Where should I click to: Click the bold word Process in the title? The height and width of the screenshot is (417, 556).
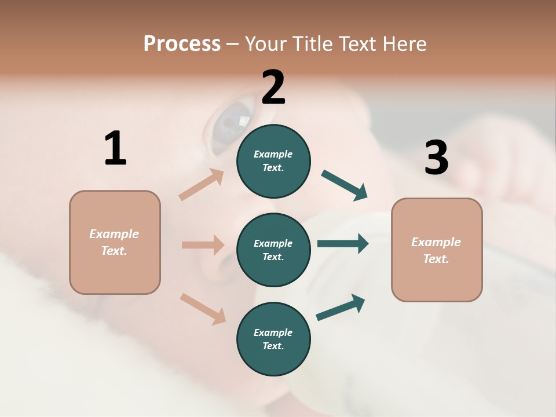182,43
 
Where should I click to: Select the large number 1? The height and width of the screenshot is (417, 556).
115,148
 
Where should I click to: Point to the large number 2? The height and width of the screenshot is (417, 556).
273,87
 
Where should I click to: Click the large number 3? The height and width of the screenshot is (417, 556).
436,158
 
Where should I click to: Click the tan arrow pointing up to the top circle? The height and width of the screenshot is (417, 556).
202,185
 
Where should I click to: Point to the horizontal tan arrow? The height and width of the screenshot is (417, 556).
203,245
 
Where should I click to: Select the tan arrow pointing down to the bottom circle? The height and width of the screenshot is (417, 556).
203,308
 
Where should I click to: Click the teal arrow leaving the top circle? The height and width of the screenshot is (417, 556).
345,185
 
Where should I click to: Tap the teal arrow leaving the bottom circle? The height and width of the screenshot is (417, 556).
341,308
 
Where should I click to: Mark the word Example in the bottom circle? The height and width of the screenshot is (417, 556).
273,332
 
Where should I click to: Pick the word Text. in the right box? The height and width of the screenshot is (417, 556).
436,259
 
